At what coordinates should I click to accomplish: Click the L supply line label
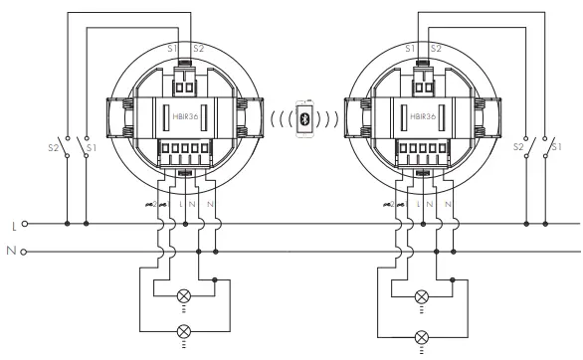(x=13, y=225)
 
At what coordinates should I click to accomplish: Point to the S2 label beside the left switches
(x=53, y=148)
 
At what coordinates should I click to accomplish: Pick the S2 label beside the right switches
(x=516, y=148)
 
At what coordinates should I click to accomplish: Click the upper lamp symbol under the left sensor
(x=182, y=296)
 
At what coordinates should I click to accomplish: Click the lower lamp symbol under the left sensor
(x=182, y=331)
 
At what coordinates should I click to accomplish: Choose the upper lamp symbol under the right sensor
(x=421, y=296)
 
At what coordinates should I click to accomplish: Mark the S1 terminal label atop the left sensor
(x=173, y=48)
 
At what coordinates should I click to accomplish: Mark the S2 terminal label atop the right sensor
(x=435, y=48)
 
